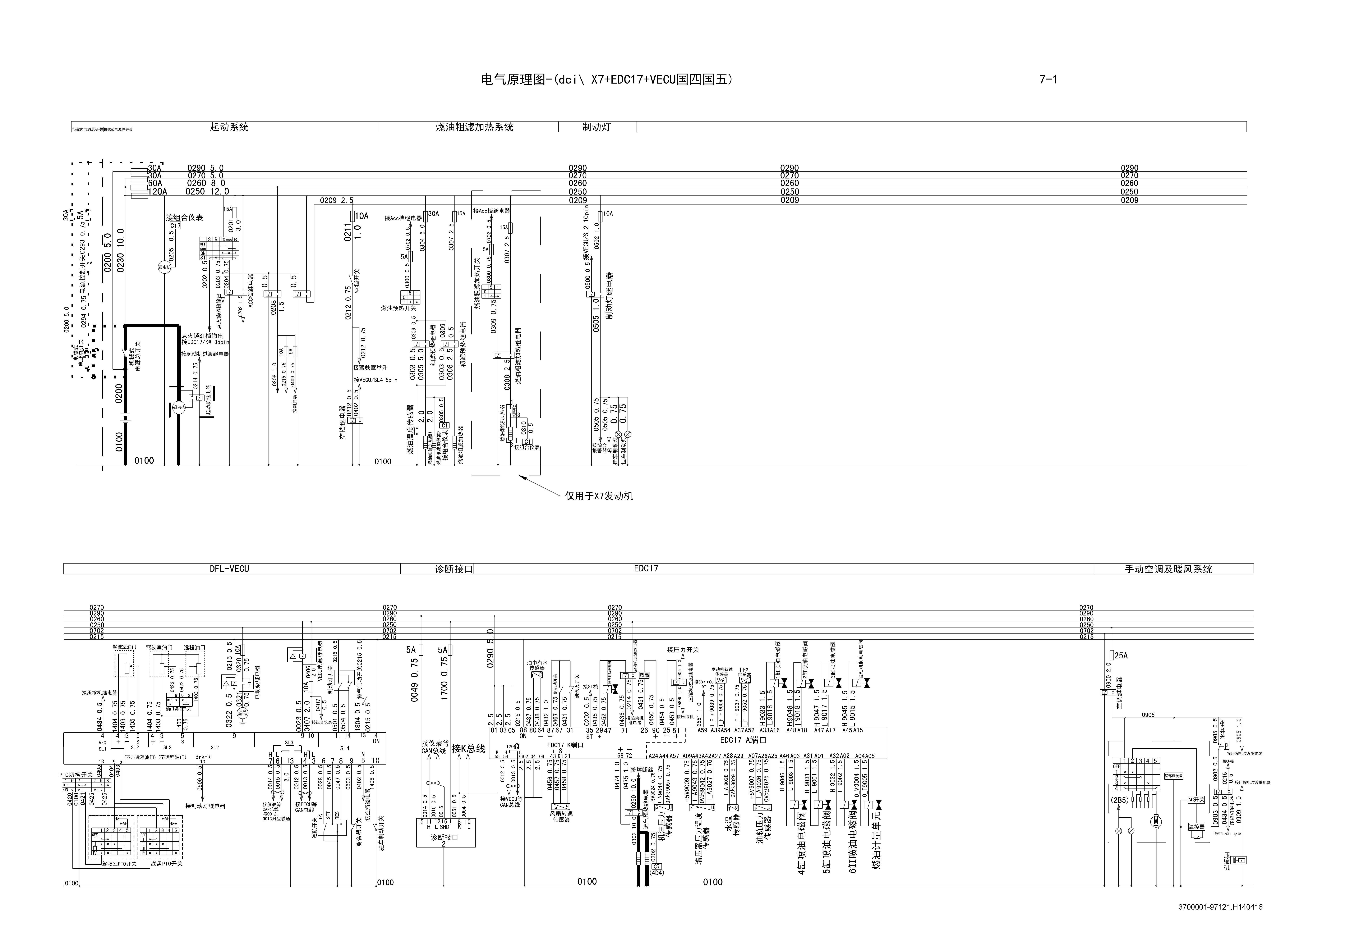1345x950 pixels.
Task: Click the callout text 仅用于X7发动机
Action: (599, 496)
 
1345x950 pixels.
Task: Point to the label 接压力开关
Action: (682, 650)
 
